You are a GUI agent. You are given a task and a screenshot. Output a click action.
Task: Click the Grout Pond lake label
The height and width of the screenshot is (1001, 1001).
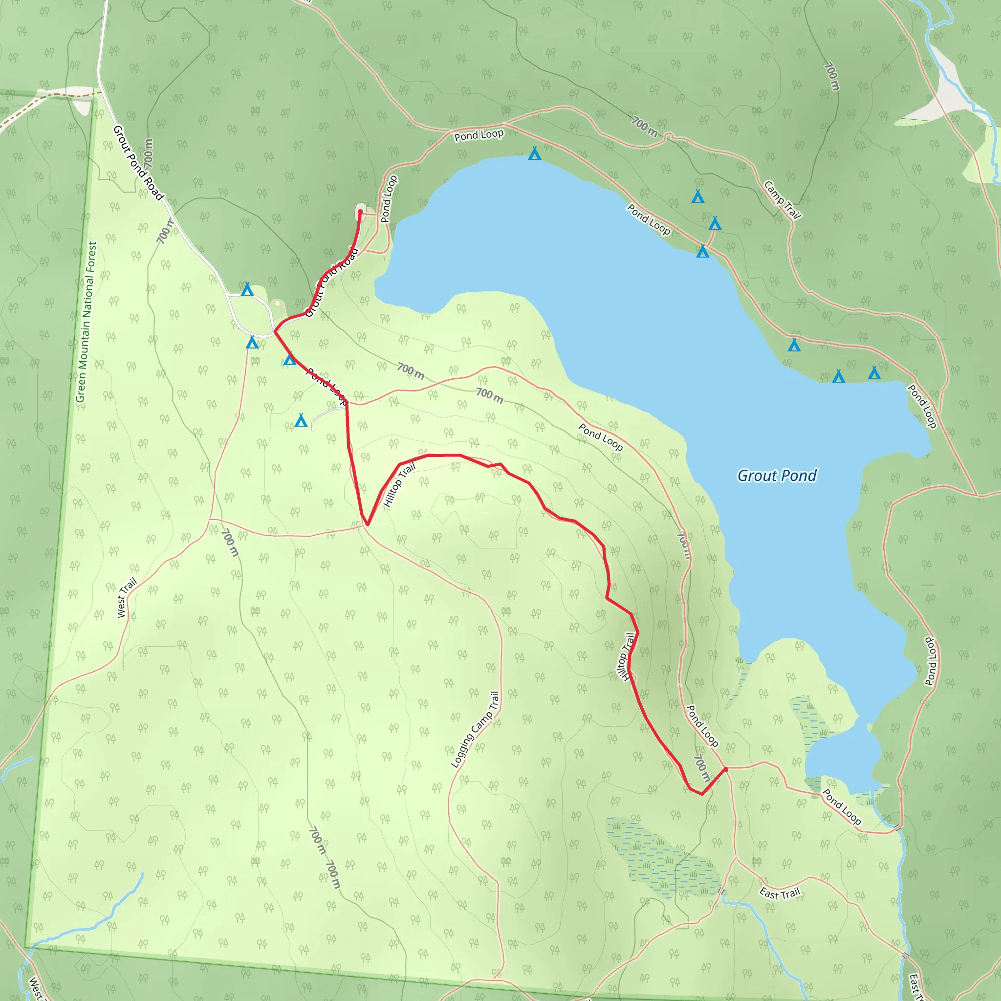point(776,476)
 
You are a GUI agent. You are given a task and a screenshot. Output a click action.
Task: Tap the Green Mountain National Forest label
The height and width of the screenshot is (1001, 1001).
point(86,322)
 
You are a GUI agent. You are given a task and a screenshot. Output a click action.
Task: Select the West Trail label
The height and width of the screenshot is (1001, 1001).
point(127,597)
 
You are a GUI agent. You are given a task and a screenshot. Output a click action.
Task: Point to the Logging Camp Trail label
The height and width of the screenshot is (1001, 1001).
point(475,730)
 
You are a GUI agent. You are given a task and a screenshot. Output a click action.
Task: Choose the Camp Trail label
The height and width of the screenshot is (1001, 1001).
point(783,200)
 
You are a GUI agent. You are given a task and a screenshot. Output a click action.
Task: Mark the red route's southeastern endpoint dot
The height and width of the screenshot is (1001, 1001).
point(725,769)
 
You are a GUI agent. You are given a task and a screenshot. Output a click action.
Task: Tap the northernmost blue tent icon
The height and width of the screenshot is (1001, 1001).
point(534,153)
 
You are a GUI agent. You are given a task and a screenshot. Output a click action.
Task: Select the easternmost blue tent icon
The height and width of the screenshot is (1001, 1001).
point(874,372)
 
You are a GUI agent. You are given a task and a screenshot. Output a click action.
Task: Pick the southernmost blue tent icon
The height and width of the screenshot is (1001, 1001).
point(301,420)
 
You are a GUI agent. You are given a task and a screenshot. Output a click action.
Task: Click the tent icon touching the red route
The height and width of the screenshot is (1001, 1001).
point(290,359)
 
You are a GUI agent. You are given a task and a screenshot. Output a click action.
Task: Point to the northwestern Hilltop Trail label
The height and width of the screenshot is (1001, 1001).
point(399,485)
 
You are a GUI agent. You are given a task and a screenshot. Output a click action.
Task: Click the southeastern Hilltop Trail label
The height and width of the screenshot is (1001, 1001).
point(626,657)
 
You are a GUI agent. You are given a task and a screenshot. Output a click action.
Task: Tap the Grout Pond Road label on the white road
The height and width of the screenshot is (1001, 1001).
point(138,162)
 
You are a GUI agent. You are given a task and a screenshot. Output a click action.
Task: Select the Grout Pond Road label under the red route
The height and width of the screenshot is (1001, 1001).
point(331,282)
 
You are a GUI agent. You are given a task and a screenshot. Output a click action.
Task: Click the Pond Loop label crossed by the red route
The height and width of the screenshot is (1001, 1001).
point(326,386)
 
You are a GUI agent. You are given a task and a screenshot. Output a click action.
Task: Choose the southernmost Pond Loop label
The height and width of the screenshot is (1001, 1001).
point(842,806)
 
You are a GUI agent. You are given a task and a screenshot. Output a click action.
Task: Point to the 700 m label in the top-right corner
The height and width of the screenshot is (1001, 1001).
point(831,76)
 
